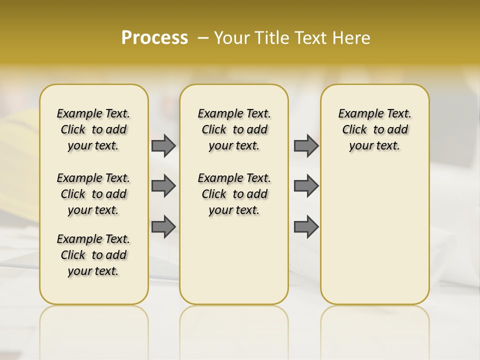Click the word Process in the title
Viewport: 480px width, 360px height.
[154, 38]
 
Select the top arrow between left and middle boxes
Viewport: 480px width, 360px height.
[163, 146]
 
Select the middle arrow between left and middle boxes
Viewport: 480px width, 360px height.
[163, 186]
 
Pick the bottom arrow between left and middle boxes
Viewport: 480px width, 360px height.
[163, 226]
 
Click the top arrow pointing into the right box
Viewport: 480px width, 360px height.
[306, 146]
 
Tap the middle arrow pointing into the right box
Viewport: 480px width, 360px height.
[306, 186]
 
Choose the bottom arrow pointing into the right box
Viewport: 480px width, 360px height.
[306, 226]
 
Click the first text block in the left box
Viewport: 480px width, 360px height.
[93, 129]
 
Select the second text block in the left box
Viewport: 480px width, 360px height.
[93, 194]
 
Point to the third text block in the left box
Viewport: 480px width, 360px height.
[93, 255]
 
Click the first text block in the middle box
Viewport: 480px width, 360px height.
[234, 129]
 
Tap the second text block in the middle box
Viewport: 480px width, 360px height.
[234, 194]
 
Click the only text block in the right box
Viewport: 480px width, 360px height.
[374, 129]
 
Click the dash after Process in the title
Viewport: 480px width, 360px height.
[203, 38]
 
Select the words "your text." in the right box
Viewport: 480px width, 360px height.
[374, 146]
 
